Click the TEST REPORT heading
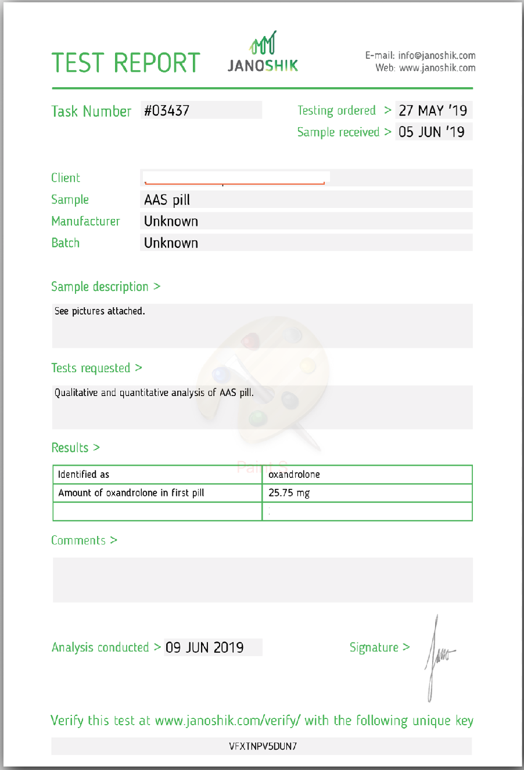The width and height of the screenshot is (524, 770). pos(125,63)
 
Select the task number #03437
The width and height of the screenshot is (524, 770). pos(167,110)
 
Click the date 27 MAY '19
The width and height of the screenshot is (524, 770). pos(433,110)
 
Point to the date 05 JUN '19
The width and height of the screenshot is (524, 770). pos(432,132)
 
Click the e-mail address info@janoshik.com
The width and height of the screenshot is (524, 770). pos(437,56)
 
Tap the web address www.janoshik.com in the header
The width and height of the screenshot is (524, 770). pos(437,68)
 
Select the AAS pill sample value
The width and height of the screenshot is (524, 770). pos(167,200)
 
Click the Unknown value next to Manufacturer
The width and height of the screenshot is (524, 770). pos(171,221)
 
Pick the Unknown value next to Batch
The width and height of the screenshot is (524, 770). pos(171,243)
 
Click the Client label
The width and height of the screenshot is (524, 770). pos(66,178)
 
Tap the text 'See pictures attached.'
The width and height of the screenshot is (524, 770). pos(100,311)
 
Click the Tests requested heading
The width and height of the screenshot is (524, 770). pos(91,368)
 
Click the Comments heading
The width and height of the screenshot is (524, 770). pos(78,541)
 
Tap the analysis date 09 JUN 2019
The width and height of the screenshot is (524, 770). pos(204,647)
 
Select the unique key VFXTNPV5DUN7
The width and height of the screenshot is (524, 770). pos(263,746)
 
